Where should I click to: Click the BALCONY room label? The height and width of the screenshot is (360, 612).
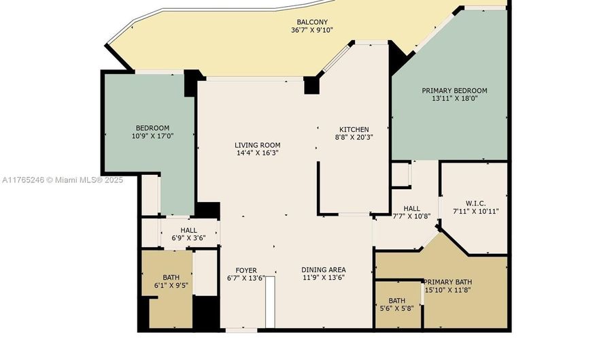click(x=312, y=22)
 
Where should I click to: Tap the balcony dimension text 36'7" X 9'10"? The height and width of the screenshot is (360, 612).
click(x=312, y=30)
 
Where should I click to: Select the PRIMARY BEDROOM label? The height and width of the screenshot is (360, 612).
click(x=454, y=91)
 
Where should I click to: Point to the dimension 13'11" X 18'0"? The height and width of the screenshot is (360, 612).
click(x=454, y=99)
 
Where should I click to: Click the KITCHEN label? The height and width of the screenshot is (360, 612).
click(x=354, y=129)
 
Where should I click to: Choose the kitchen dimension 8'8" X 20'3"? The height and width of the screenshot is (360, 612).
click(x=354, y=137)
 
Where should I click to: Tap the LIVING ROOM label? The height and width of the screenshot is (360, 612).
click(x=258, y=145)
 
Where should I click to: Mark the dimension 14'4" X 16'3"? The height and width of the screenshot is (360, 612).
click(x=258, y=153)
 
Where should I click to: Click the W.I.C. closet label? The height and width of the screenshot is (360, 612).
click(x=476, y=203)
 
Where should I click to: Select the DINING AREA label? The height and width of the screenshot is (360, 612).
click(x=324, y=269)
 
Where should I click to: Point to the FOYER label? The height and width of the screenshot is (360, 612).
click(x=246, y=270)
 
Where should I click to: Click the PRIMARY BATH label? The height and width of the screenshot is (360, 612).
click(x=447, y=282)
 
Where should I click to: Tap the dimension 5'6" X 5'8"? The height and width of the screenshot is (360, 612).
click(x=396, y=308)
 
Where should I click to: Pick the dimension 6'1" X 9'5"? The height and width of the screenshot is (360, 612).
click(x=171, y=285)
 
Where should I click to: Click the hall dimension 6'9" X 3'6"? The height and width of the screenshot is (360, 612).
click(x=188, y=238)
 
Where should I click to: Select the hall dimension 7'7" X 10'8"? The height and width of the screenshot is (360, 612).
click(x=412, y=216)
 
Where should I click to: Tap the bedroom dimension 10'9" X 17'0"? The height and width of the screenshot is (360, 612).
click(x=152, y=136)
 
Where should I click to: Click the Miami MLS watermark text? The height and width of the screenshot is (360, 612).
click(x=63, y=180)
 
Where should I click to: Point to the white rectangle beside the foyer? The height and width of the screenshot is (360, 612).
click(x=270, y=302)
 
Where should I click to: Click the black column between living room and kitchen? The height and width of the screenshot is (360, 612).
click(x=311, y=86)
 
